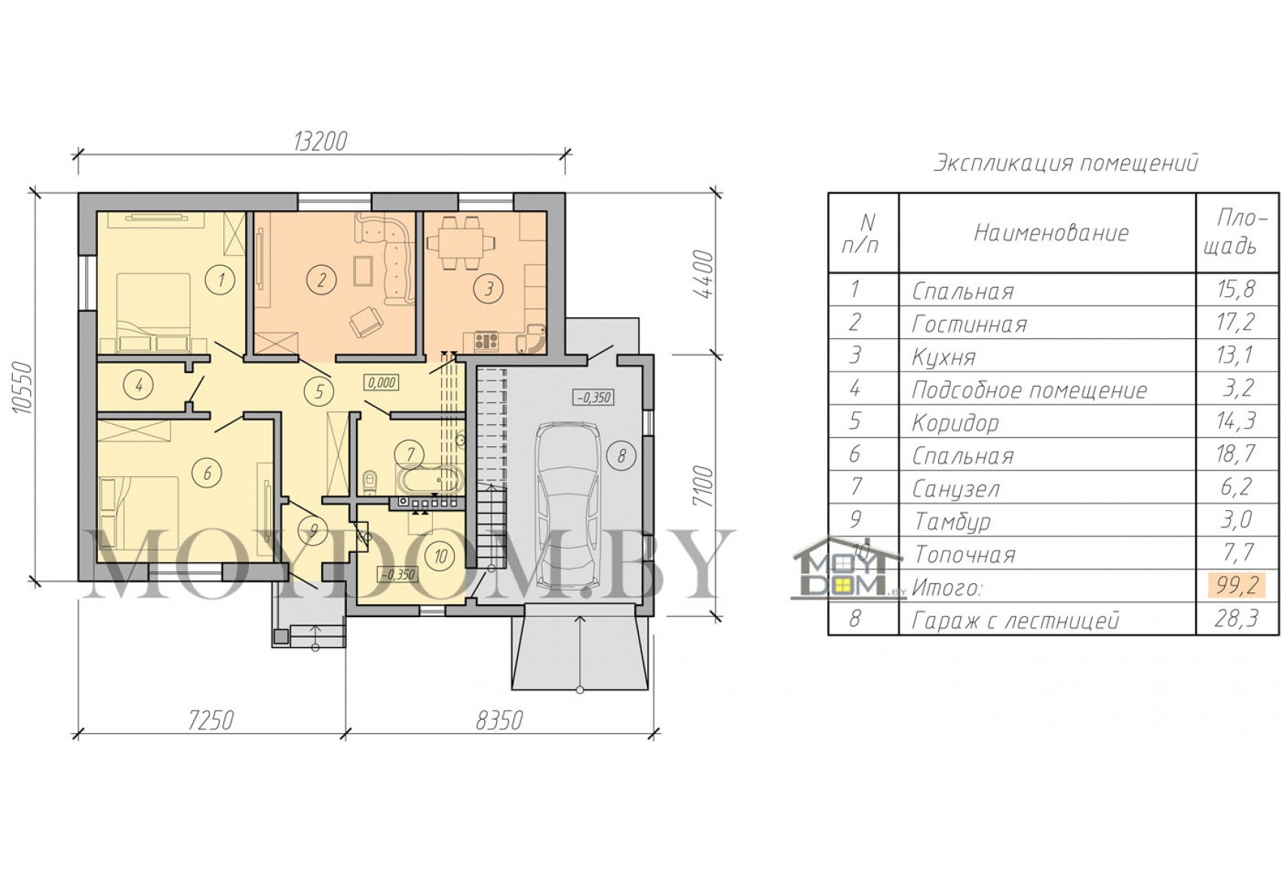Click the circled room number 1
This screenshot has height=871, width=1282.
(x=221, y=280)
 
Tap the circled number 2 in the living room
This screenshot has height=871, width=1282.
(x=320, y=280)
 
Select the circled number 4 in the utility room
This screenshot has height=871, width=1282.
(x=139, y=386)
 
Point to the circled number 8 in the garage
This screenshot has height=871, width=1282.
(x=621, y=456)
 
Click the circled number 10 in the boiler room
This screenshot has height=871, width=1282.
(x=440, y=556)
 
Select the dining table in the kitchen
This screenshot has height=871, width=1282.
(x=462, y=243)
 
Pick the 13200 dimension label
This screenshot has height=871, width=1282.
(x=320, y=141)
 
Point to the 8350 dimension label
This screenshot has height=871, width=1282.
(x=500, y=720)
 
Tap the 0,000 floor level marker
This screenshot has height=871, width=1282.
(x=382, y=383)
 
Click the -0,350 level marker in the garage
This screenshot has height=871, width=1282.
(x=593, y=397)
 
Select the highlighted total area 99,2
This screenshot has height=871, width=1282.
(x=1236, y=585)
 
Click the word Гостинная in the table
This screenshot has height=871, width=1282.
(x=969, y=324)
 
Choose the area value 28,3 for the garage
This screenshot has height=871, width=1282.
(x=1236, y=619)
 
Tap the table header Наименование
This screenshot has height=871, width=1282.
(x=1051, y=233)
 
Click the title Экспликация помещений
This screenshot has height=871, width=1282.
(x=1066, y=164)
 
